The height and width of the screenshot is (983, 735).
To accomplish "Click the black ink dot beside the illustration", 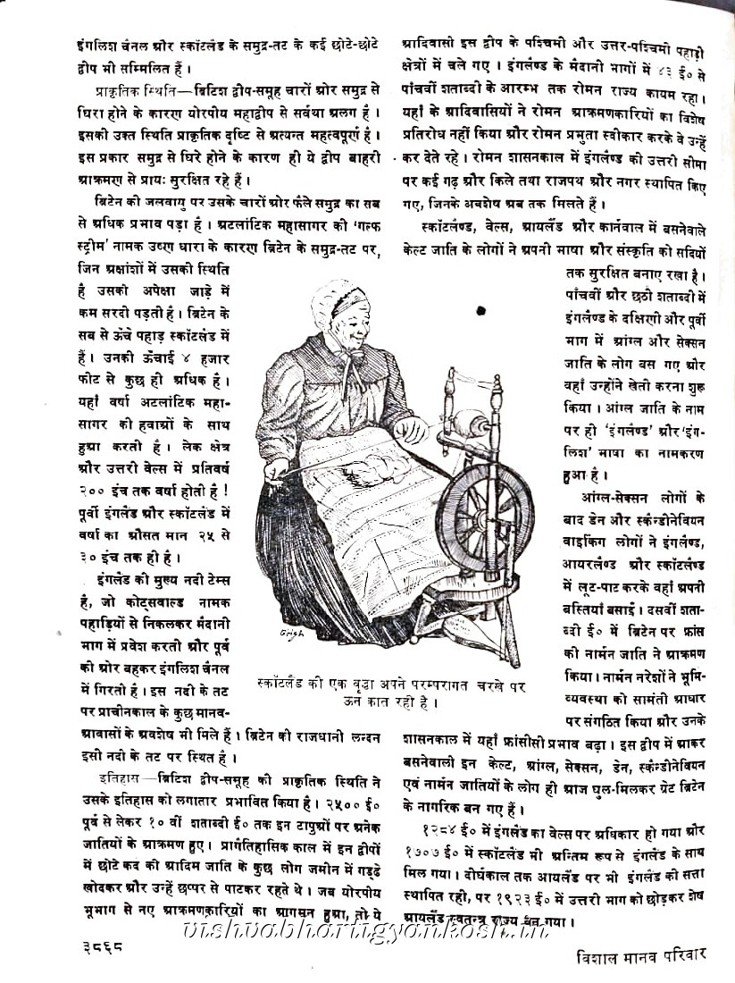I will [x=480, y=311].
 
